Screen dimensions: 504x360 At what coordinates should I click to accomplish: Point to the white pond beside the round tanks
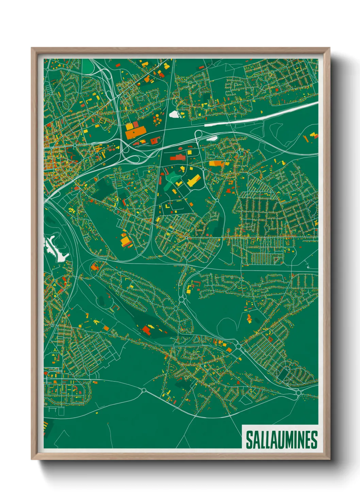(174, 114)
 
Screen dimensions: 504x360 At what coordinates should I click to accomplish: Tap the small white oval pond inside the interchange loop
(212, 138)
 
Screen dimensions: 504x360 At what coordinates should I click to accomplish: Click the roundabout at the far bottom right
(298, 393)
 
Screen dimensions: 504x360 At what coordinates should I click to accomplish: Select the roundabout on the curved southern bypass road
(144, 390)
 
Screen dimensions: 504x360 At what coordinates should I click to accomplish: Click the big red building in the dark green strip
(147, 329)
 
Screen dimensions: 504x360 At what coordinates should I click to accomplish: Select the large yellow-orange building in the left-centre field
(126, 241)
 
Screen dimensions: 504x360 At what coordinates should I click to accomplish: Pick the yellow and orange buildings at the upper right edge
(311, 137)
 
